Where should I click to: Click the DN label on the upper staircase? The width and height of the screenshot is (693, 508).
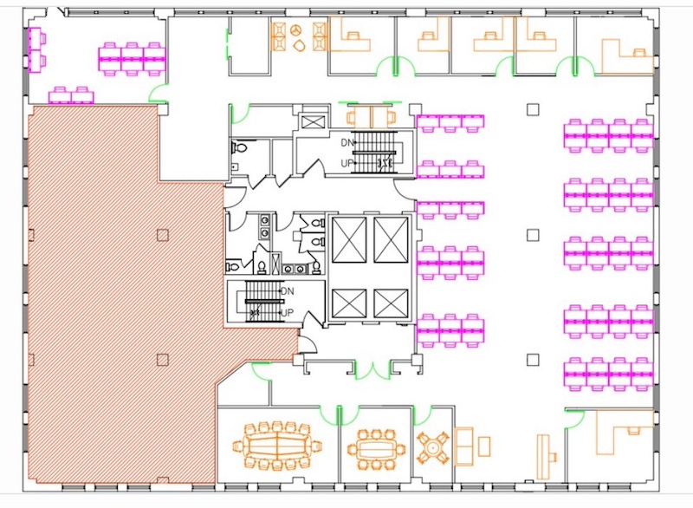point(347,143)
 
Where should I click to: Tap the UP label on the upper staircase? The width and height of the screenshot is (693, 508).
point(347,163)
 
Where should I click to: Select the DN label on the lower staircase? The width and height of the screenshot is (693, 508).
point(288,291)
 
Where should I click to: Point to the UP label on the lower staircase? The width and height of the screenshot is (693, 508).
point(288,313)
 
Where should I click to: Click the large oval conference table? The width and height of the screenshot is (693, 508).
point(276,446)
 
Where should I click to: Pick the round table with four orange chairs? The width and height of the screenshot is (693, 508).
point(432,448)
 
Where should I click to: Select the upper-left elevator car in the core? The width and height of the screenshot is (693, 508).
point(349,240)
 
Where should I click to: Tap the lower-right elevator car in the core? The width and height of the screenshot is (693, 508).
point(391,303)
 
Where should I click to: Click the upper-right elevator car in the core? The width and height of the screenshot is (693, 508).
point(391,240)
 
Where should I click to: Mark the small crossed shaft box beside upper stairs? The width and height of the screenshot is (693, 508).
point(313,121)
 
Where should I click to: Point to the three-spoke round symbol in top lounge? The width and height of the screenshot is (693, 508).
point(296,30)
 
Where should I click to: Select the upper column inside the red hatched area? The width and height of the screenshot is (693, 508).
point(163,235)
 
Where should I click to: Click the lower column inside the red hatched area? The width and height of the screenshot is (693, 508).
point(163,360)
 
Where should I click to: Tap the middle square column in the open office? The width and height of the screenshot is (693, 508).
point(533,235)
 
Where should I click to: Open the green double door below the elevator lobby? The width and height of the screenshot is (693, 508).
point(373,370)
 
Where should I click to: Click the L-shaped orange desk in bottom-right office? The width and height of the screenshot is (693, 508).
point(624,432)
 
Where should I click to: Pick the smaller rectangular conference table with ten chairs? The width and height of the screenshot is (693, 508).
point(376,450)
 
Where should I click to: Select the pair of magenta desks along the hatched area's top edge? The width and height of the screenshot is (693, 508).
point(71,95)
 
